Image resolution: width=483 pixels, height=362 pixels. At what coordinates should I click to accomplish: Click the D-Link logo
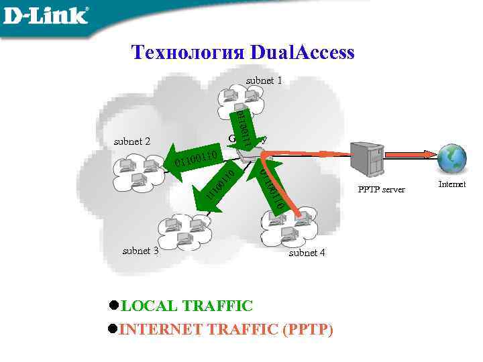click(x=46, y=15)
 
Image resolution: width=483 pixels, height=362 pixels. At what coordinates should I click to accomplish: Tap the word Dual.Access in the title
click(x=301, y=52)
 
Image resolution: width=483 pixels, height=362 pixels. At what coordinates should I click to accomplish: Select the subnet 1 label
click(x=264, y=80)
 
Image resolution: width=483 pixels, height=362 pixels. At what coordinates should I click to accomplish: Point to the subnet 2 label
click(x=132, y=141)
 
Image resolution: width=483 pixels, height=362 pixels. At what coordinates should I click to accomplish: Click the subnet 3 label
click(x=140, y=251)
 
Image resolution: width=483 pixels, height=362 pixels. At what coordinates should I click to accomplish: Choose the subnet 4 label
click(x=307, y=253)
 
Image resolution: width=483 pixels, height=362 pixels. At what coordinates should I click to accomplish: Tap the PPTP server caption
click(x=382, y=190)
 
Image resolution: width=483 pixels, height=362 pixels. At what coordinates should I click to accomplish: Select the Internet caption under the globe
click(x=451, y=184)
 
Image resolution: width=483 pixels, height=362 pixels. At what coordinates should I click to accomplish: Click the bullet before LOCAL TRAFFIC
click(x=113, y=306)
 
